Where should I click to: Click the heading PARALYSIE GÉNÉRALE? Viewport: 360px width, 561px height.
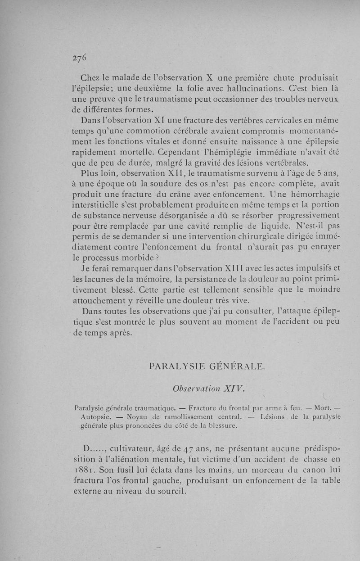(x=207, y=366)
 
